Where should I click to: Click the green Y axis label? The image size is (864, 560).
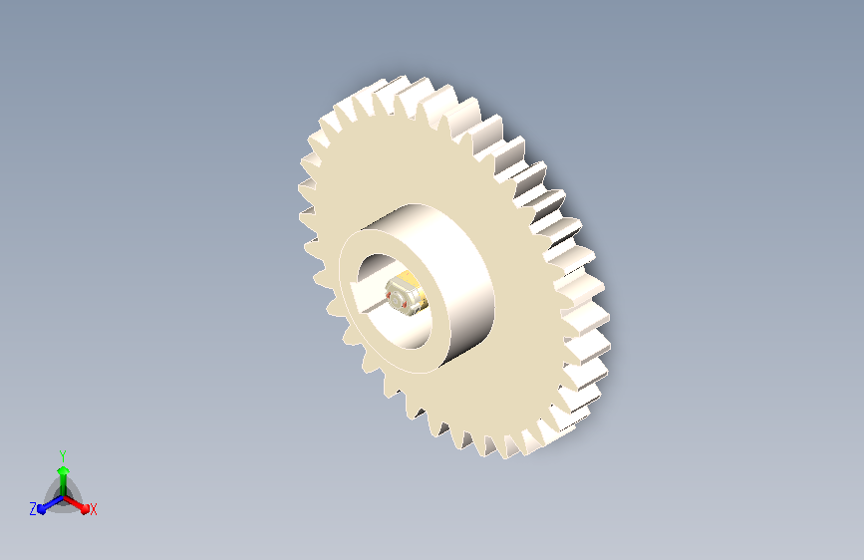pyautogui.click(x=63, y=456)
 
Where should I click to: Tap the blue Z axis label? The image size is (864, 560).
pyautogui.click(x=33, y=509)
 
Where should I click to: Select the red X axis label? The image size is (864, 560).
pyautogui.click(x=93, y=509)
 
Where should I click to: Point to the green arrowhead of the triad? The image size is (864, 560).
pyautogui.click(x=64, y=470)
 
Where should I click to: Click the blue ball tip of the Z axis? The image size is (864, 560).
pyautogui.click(x=41, y=509)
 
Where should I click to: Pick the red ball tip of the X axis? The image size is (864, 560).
pyautogui.click(x=85, y=508)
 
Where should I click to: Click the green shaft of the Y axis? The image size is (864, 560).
pyautogui.click(x=64, y=484)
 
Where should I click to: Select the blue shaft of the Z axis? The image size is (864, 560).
pyautogui.click(x=53, y=503)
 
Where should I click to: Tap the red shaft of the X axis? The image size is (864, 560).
pyautogui.click(x=74, y=502)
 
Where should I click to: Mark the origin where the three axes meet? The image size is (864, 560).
pyautogui.click(x=64, y=497)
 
